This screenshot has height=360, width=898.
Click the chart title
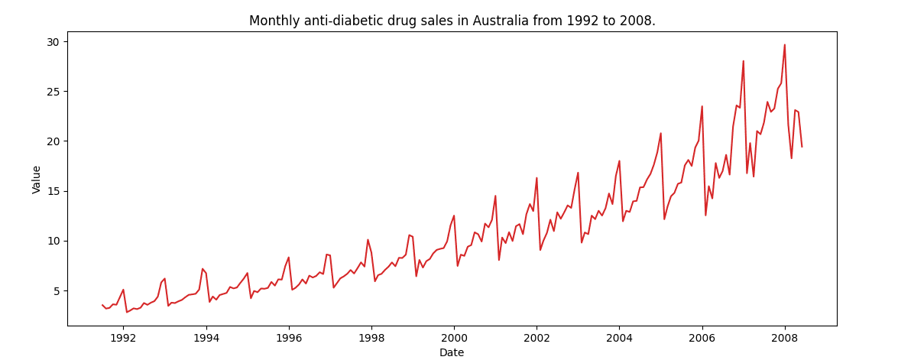coord(452,21)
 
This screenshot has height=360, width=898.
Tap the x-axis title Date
coord(452,352)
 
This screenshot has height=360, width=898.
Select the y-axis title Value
coord(37,178)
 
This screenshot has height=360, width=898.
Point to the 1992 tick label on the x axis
coord(123,337)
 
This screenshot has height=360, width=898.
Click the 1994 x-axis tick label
coord(206,337)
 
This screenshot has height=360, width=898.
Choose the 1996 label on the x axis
coord(289,337)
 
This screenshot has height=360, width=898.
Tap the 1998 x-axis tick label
coord(371,337)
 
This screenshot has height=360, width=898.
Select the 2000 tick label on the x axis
coord(454,337)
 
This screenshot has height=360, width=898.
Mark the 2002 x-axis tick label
coord(537,337)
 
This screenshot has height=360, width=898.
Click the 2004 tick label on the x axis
coord(619,337)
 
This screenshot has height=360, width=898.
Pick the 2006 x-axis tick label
coord(702,337)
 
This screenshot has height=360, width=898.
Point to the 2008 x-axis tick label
coord(784,337)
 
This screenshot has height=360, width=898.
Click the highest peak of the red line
coord(784,44)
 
